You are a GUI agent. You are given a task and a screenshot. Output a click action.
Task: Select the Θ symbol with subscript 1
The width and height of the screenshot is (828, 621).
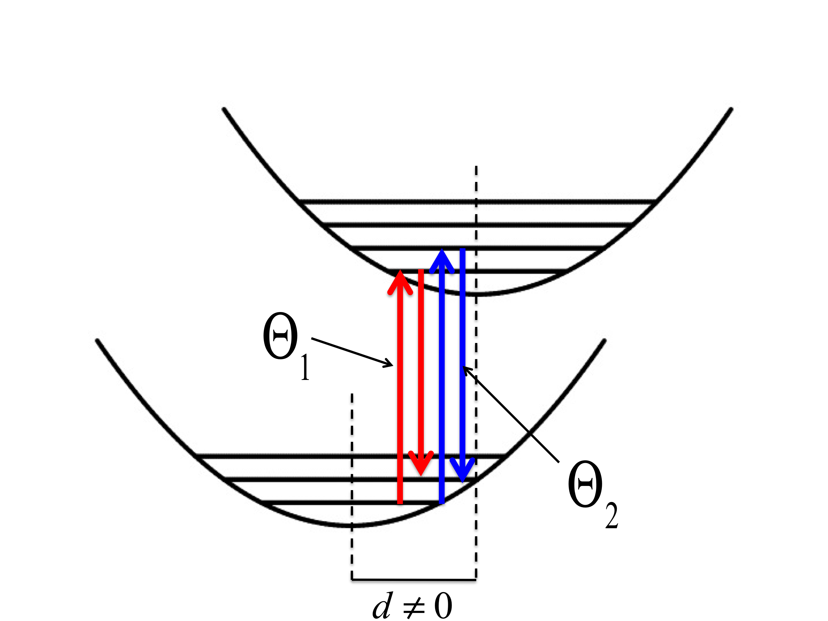tap(281, 337)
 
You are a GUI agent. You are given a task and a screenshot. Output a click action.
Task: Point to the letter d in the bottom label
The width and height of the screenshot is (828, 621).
tap(383, 606)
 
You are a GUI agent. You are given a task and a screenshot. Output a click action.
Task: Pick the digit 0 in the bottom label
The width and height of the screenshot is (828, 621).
tap(443, 606)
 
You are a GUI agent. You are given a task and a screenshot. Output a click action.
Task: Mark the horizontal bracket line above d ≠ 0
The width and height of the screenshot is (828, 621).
tap(414, 580)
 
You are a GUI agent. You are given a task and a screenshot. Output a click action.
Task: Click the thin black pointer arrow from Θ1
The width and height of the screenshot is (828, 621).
tap(352, 352)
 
